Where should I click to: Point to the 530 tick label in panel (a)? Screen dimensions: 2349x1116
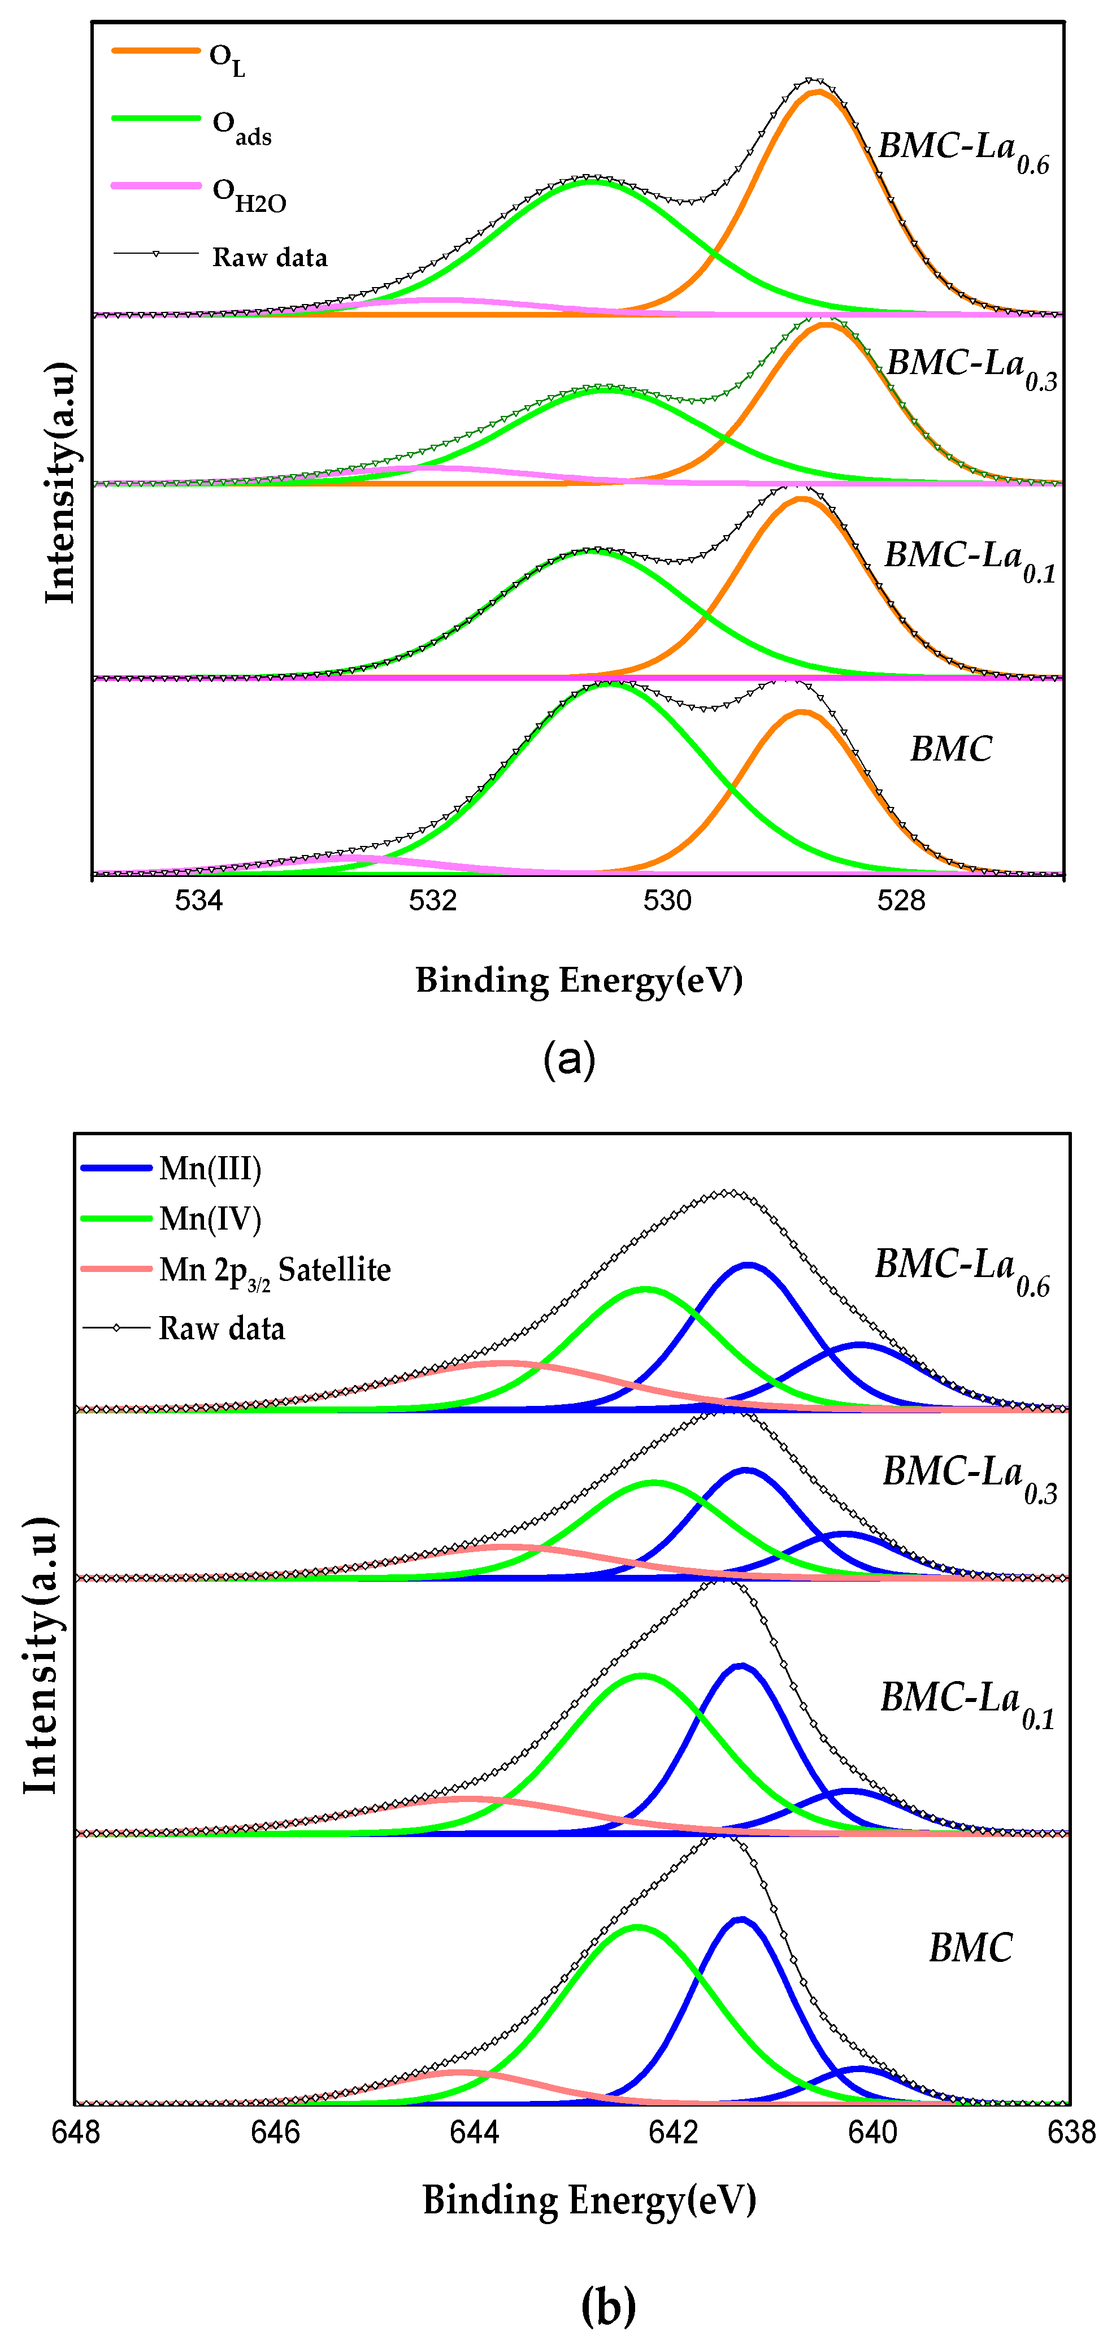coord(667,901)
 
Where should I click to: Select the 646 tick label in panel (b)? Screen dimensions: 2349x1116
coord(275,2133)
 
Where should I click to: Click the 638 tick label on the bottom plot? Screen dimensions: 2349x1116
coord(1071,2133)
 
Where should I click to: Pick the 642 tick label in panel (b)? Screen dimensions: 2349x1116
coord(673,2133)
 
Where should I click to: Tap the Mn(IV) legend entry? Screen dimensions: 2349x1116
coord(210,1219)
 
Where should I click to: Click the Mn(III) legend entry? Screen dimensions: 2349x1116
coord(210,1169)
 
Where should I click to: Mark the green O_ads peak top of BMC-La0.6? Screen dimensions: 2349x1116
coord(591,181)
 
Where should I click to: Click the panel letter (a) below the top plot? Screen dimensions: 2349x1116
coord(569,1059)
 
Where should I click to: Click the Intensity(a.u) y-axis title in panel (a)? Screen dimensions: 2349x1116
coord(60,483)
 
